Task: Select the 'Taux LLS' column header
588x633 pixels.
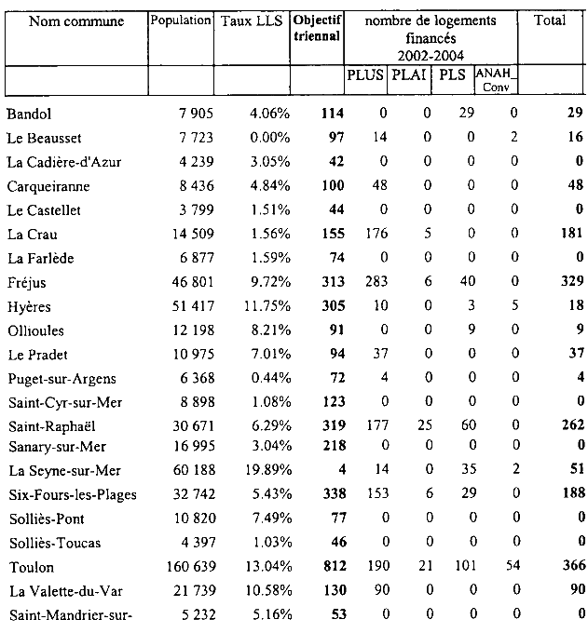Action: click(x=250, y=20)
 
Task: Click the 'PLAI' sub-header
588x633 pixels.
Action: click(x=410, y=75)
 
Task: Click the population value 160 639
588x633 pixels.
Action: click(x=185, y=567)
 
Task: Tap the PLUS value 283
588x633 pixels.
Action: click(x=375, y=283)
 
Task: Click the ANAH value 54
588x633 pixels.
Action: click(x=510, y=567)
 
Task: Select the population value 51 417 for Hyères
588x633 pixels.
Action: click(x=189, y=305)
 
